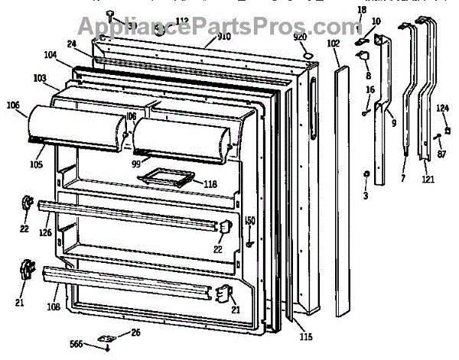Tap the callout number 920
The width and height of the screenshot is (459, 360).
[299, 37]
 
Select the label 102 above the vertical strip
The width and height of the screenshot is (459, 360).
[333, 44]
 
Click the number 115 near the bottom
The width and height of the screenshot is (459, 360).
[306, 337]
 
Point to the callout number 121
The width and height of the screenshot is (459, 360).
[428, 180]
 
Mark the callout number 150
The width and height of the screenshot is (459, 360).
[249, 221]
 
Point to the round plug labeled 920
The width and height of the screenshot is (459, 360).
[306, 54]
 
